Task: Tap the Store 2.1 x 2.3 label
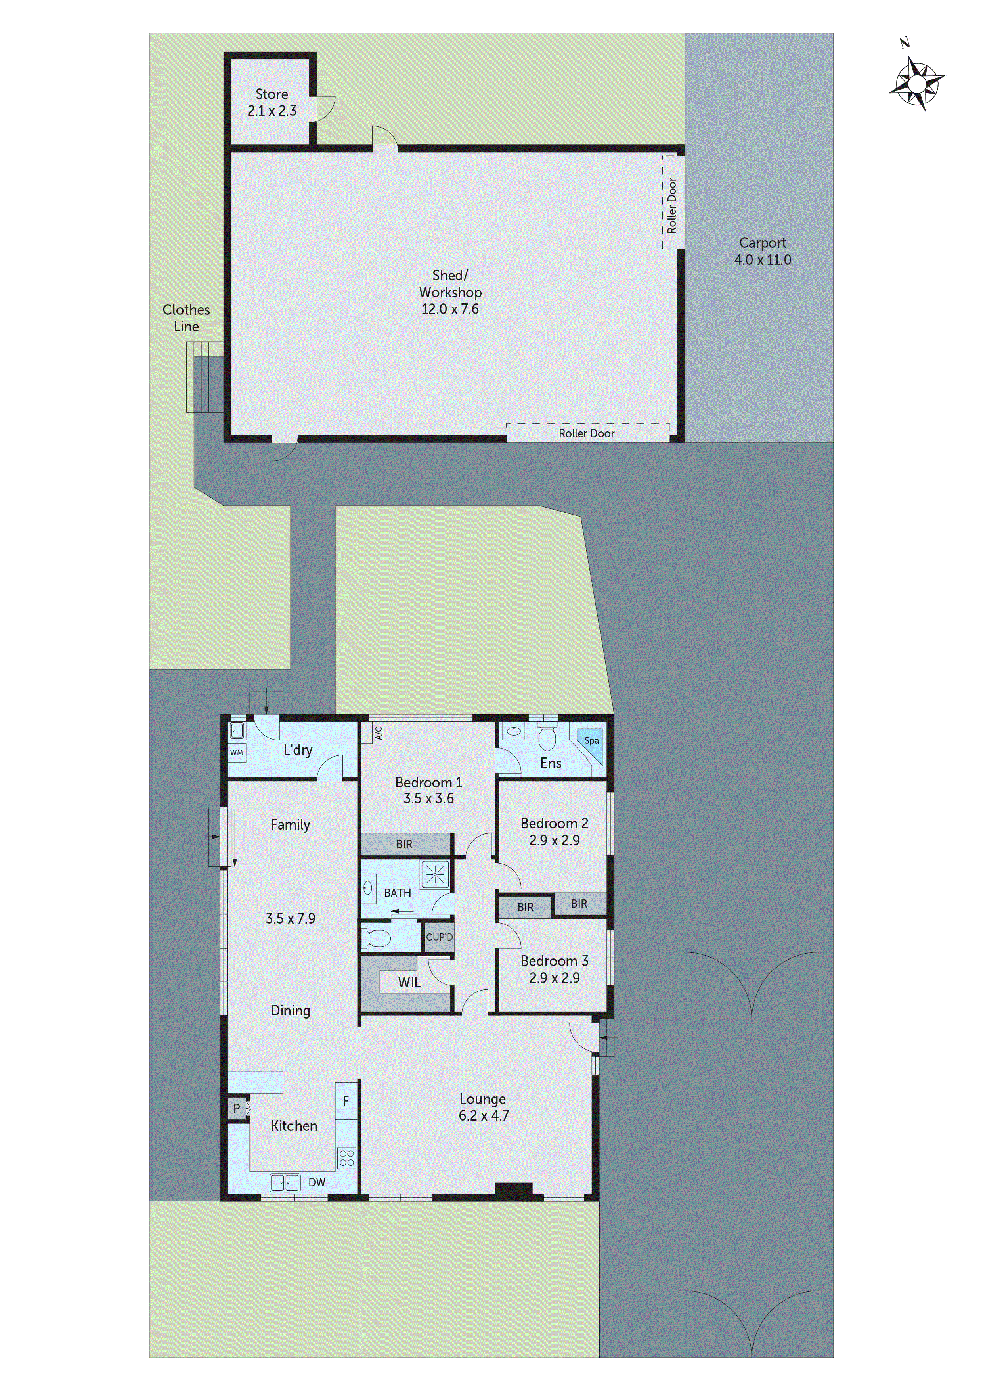[x=272, y=102]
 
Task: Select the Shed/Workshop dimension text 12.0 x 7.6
[x=450, y=309]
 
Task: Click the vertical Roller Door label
[x=672, y=205]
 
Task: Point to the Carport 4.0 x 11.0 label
[x=763, y=251]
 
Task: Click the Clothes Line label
[x=186, y=318]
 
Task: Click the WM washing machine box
[x=236, y=753]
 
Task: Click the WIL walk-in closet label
[x=409, y=983]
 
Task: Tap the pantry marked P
[x=237, y=1109]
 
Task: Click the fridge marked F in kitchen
[x=346, y=1101]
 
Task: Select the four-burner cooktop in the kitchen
[x=346, y=1158]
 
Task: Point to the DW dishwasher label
[x=317, y=1182]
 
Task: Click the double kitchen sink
[x=285, y=1182]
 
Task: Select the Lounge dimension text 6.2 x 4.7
[x=483, y=1115]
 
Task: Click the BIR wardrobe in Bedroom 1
[x=405, y=844]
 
